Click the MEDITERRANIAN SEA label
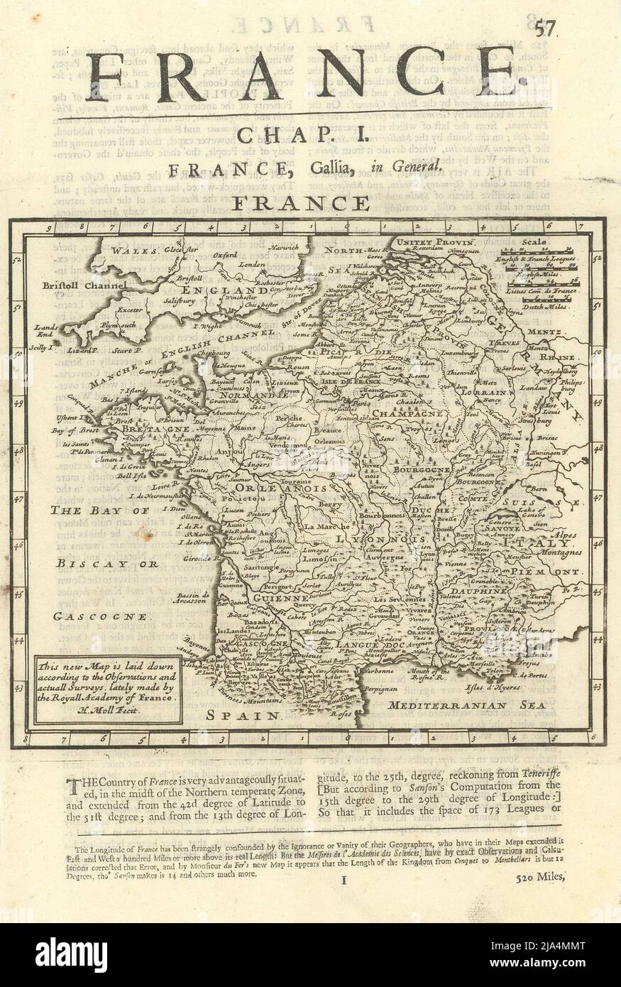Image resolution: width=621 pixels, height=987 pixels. pyautogui.click(x=468, y=705)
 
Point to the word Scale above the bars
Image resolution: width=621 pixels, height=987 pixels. pyautogui.click(x=534, y=242)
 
